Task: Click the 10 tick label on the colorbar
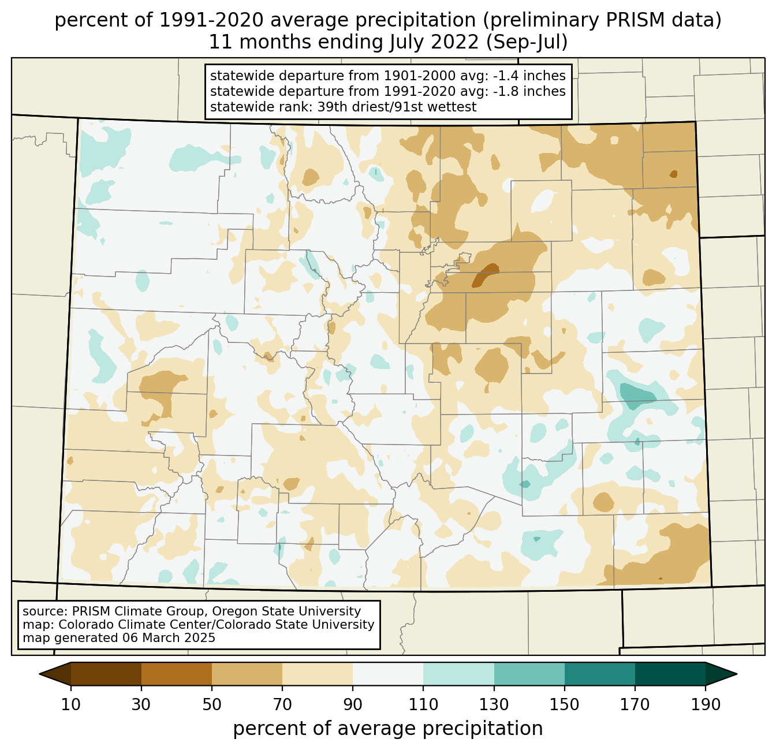(70, 704)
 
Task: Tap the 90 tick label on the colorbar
(353, 704)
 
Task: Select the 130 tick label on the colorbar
(494, 704)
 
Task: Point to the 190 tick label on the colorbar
(706, 704)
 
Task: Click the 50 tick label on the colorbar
(212, 704)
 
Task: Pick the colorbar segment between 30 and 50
(176, 674)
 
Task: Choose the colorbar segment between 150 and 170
(600, 674)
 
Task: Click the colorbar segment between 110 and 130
(458, 674)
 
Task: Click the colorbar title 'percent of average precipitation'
(388, 729)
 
